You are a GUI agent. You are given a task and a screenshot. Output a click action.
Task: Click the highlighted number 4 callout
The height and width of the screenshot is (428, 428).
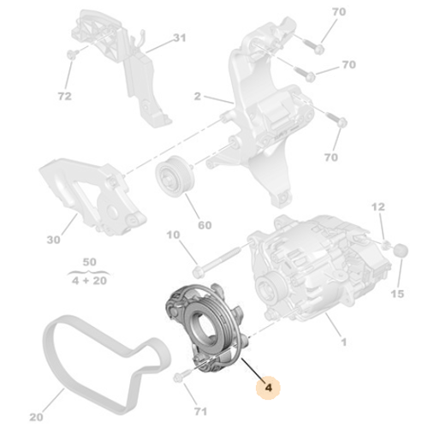click(x=270, y=387)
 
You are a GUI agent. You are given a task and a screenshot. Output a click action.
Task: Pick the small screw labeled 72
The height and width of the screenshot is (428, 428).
click(x=69, y=56)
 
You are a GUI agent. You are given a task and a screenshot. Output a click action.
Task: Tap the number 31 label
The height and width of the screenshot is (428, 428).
click(x=179, y=39)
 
